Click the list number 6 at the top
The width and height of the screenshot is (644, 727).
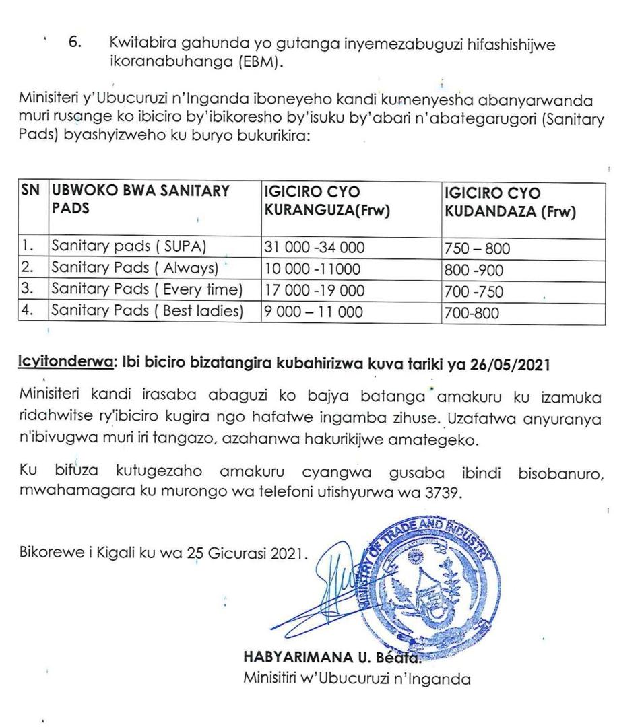pyautogui.click(x=75, y=42)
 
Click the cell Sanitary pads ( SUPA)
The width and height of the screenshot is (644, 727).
pyautogui.click(x=127, y=248)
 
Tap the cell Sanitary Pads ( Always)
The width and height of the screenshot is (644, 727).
pyautogui.click(x=134, y=268)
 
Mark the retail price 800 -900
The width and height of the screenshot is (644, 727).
pyautogui.click(x=474, y=271)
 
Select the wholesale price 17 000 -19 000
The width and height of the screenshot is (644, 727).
pyautogui.click(x=314, y=291)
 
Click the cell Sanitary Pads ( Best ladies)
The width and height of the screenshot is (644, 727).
pyautogui.click(x=146, y=311)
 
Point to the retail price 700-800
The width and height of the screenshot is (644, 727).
pyautogui.click(x=471, y=313)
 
